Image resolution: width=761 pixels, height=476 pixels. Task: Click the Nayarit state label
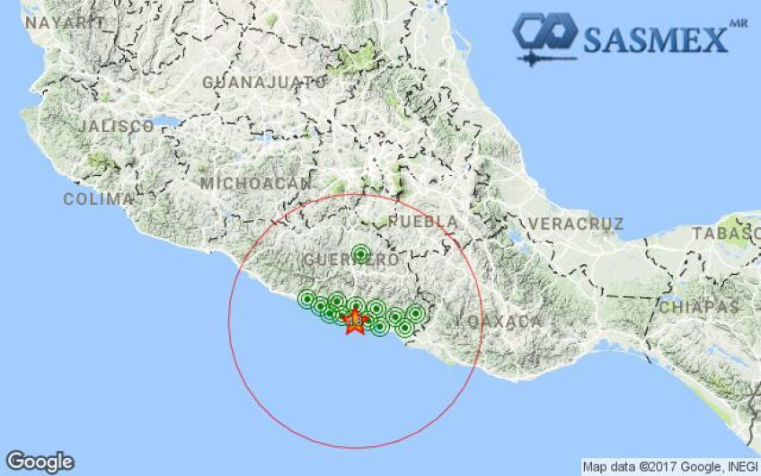63,23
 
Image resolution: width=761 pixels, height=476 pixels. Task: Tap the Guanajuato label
264,83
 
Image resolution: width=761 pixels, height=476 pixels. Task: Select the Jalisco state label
115,127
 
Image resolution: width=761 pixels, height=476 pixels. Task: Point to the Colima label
98,199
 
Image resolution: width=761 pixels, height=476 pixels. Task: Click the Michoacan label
255,183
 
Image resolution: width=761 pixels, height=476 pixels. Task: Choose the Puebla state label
424,221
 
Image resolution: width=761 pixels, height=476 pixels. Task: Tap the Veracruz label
575,223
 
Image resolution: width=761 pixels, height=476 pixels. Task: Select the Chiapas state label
699,307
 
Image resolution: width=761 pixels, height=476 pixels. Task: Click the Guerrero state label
339,260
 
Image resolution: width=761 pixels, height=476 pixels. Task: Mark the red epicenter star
355,321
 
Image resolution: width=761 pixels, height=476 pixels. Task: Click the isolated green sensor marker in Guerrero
360,254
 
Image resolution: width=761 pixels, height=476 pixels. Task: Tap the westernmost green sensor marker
307,300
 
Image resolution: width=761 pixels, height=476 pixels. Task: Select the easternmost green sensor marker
415,313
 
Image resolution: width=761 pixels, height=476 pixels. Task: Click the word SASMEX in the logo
655,40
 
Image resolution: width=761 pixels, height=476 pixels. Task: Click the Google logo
40,462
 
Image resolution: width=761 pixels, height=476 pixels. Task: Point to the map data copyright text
669,467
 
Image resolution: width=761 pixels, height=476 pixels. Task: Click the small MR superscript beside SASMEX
739,22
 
